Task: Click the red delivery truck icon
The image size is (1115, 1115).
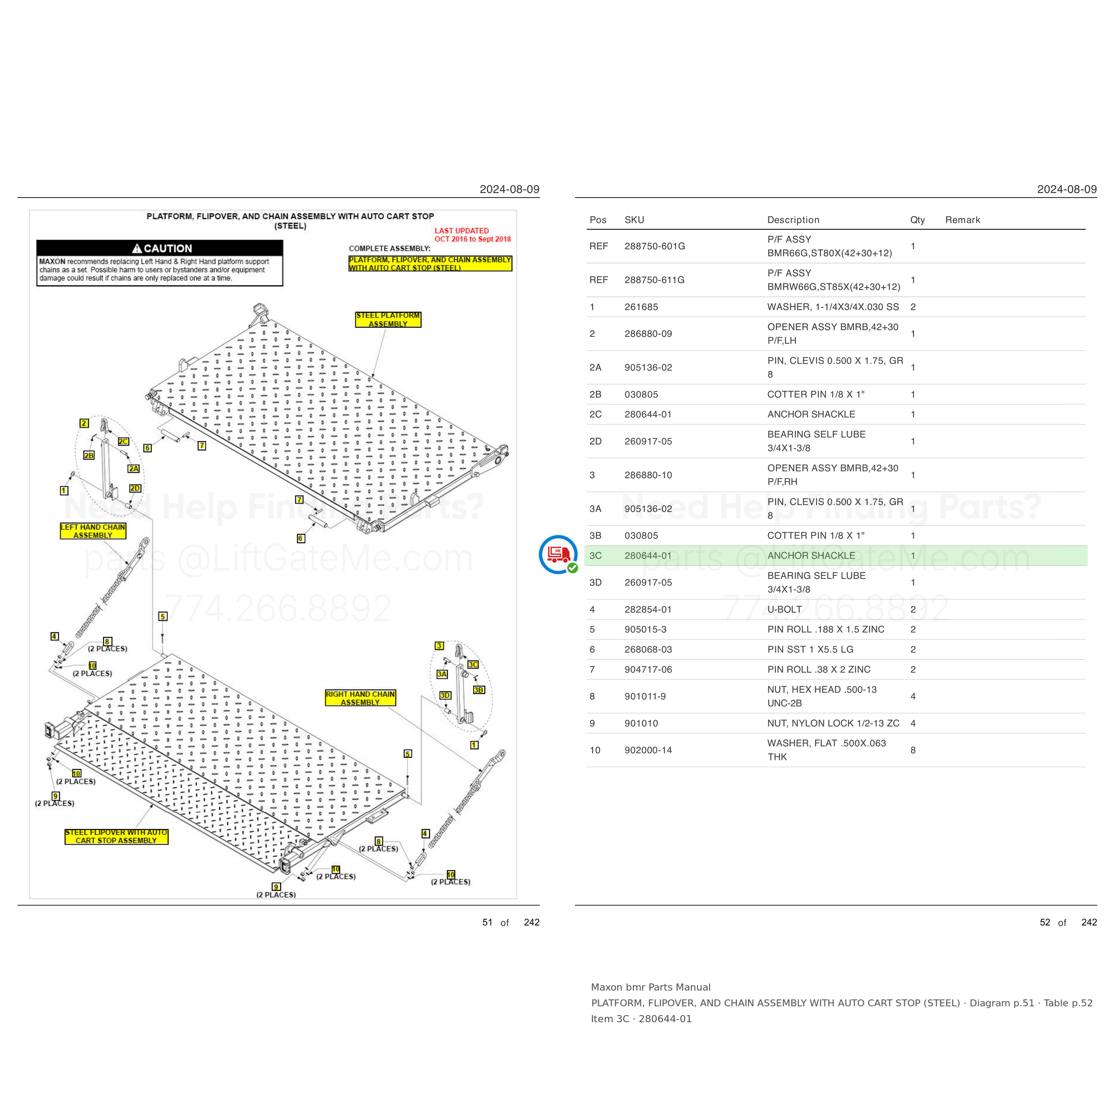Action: (558, 555)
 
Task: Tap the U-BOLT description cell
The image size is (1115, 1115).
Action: (785, 609)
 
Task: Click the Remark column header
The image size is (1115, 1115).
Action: (962, 220)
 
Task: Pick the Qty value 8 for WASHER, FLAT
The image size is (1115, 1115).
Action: (913, 750)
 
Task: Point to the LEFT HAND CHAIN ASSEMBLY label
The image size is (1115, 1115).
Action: (93, 531)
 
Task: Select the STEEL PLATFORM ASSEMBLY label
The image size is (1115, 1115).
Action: (388, 320)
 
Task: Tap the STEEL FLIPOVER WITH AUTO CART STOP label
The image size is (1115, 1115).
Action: (116, 836)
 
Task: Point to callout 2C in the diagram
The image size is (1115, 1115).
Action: (124, 442)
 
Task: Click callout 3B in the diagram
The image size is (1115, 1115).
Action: (479, 690)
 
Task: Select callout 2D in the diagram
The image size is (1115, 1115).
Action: (135, 488)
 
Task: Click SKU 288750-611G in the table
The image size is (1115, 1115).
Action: (654, 280)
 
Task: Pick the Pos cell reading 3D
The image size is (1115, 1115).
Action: (595, 582)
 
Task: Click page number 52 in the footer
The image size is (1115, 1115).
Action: (1045, 922)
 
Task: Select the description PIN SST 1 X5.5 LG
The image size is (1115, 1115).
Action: (810, 649)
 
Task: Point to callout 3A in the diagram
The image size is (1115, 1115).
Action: (442, 674)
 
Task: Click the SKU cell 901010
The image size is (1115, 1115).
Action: (641, 723)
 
